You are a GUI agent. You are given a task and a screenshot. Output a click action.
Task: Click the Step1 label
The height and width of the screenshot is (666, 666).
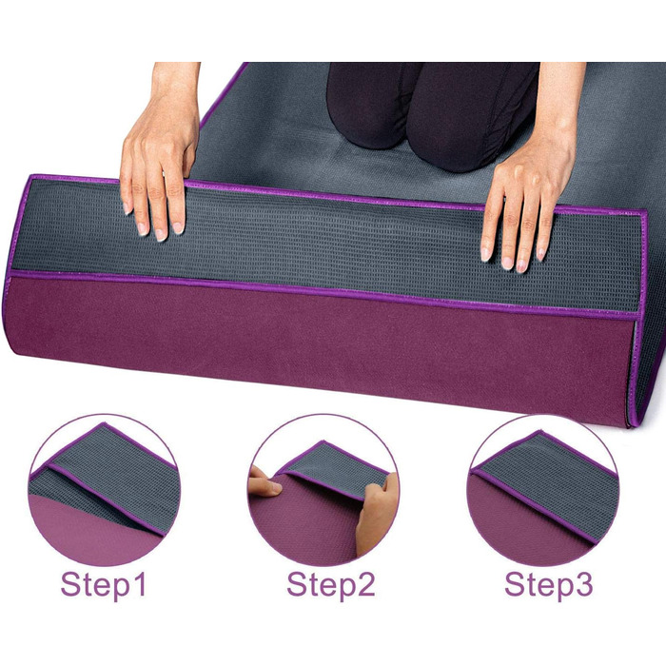(x=104, y=586)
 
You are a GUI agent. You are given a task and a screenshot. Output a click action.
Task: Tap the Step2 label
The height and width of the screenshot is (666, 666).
(x=331, y=586)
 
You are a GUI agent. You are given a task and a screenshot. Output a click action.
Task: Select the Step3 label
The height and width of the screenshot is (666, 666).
(x=548, y=586)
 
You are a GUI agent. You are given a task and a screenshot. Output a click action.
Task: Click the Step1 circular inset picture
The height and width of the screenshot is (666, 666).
(x=105, y=490)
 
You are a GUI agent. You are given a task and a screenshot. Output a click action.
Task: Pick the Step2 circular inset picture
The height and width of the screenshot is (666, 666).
(x=323, y=490)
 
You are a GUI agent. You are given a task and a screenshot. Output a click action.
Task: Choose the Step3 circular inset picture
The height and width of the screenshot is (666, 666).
(x=543, y=490)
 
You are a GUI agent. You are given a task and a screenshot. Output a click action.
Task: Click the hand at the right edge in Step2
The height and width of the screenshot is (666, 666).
(x=377, y=514)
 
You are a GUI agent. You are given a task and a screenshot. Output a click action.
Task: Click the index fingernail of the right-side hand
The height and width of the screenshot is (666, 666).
(x=484, y=254)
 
